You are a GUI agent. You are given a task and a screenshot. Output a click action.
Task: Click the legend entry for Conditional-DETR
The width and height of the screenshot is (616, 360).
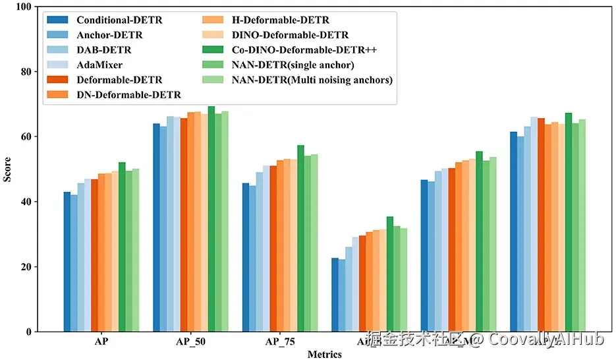(119, 20)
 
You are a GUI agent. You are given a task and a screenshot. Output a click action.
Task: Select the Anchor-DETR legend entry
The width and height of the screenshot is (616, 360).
(109, 35)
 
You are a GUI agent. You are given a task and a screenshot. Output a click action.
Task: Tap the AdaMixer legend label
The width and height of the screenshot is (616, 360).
(100, 65)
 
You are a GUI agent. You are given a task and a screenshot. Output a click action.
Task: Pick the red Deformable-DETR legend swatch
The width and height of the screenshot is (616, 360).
(58, 80)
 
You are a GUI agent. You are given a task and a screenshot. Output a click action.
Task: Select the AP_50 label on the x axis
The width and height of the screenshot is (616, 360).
(190, 342)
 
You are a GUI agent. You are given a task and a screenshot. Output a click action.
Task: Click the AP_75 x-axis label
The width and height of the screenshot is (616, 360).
(280, 342)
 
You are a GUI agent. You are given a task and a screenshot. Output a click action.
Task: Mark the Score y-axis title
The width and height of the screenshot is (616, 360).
(8, 169)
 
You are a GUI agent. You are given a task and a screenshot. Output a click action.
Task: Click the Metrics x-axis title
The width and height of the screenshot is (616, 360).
(324, 355)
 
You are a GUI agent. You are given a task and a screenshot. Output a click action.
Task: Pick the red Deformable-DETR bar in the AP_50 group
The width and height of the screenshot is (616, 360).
(184, 225)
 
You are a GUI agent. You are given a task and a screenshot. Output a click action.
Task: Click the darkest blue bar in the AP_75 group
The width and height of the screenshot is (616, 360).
(246, 257)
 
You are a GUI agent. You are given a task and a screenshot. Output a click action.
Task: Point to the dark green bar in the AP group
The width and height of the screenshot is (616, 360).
(122, 247)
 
